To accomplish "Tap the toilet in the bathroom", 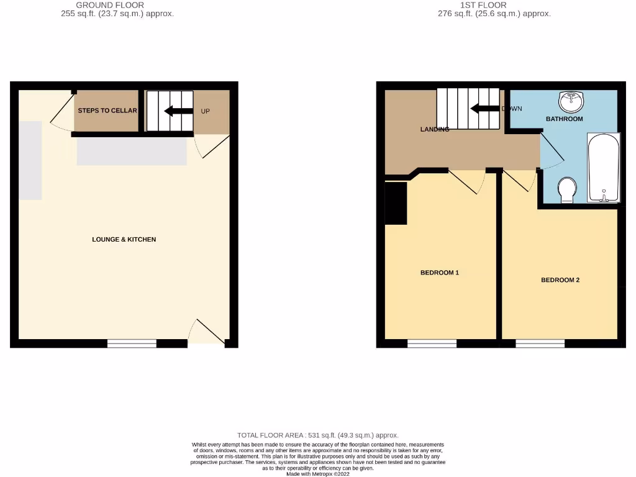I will click(566, 190).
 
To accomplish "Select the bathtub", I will click(603, 168).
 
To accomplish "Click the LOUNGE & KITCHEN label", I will click(124, 239).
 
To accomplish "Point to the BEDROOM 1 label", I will click(439, 273).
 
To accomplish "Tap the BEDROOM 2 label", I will click(560, 280).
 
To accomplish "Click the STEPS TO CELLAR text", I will click(107, 111).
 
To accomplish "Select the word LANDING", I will click(435, 129).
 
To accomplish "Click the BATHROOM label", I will click(564, 119).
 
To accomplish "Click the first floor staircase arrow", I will click(484, 109).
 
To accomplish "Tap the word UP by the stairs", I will click(206, 112).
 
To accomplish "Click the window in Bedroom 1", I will click(432, 343).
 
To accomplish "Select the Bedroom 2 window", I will click(540, 343).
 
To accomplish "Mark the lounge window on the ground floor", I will click(132, 343).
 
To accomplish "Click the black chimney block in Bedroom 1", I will click(396, 202).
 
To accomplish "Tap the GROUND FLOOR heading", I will click(110, 5).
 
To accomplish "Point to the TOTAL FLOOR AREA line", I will click(317, 435).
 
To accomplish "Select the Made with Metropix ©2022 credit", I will click(317, 473).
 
